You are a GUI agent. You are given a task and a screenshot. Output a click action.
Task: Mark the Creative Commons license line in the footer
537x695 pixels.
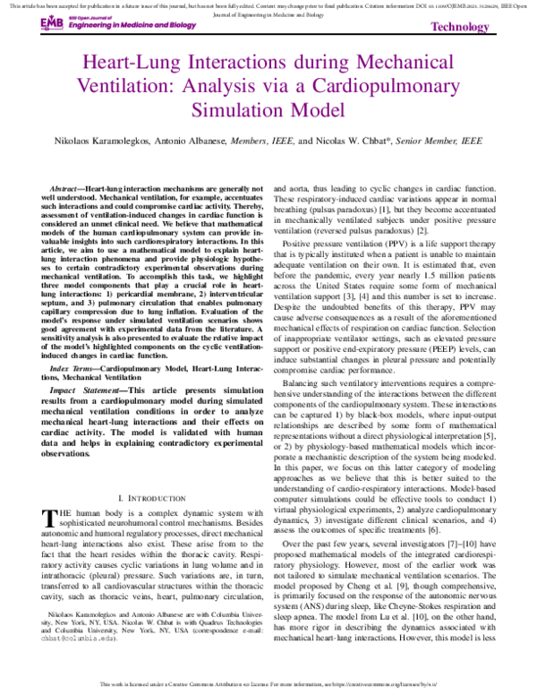(x=268, y=686)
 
